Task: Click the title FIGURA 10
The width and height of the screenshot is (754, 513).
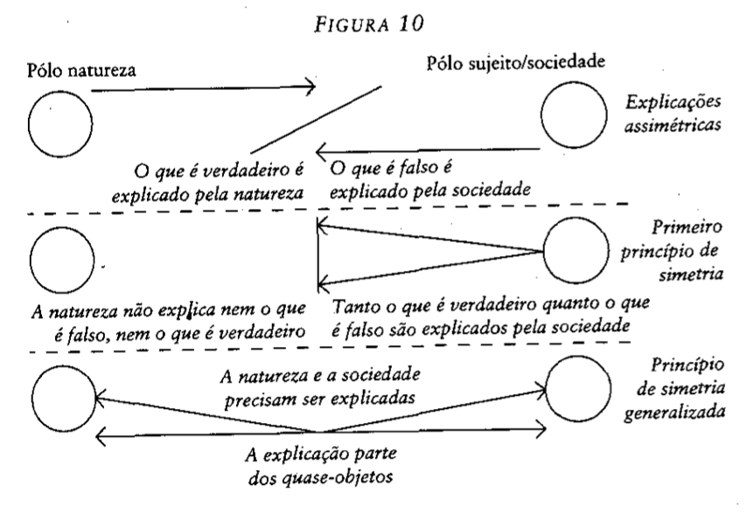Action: pos(369,24)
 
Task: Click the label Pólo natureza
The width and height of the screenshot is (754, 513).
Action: pos(81,70)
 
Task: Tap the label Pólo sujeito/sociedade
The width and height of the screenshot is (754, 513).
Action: pos(515,62)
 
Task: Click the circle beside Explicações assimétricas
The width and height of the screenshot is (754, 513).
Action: pos(541,115)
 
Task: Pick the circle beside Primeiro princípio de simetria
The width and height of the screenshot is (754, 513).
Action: pos(543,251)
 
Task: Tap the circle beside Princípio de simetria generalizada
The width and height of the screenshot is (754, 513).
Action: pos(546,389)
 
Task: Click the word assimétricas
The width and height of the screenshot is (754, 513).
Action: pos(673,125)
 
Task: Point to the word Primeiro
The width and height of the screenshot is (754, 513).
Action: pos(688,226)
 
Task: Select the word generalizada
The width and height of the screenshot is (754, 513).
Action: pos(674,413)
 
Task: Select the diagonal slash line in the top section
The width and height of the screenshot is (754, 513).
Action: pos(316,120)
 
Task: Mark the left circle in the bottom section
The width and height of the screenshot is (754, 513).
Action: pos(32,399)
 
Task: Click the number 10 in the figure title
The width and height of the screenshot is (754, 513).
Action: pos(411,23)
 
